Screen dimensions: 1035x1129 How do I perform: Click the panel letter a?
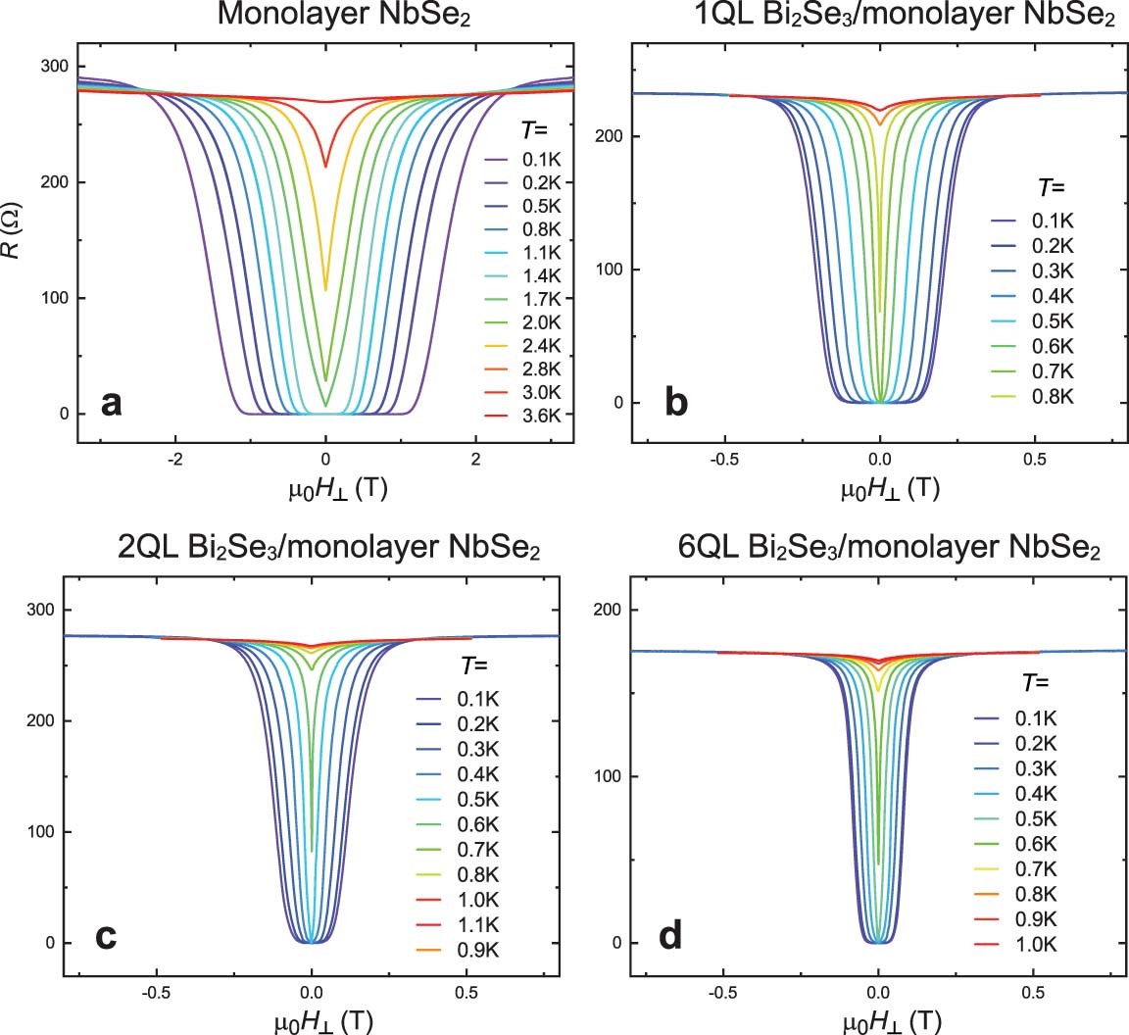[x=112, y=402]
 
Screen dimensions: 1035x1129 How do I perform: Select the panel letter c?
[x=105, y=935]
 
